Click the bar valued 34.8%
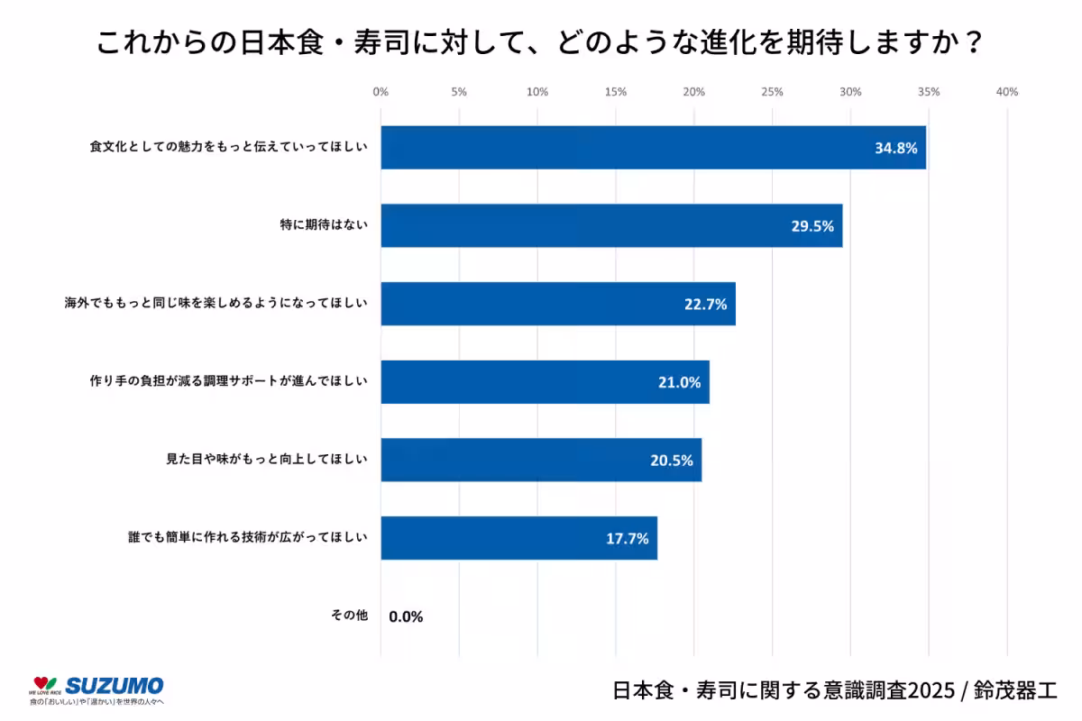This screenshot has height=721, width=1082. pyautogui.click(x=653, y=148)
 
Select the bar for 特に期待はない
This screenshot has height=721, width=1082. pyautogui.click(x=611, y=225)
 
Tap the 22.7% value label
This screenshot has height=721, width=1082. pyautogui.click(x=705, y=305)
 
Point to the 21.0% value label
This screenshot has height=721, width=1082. pyautogui.click(x=679, y=382)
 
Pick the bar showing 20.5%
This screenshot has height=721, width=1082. pyautogui.click(x=541, y=460)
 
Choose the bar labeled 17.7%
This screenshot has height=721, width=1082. pyautogui.click(x=518, y=538)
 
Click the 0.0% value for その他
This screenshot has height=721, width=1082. pyautogui.click(x=406, y=616)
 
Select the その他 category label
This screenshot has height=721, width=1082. pyautogui.click(x=350, y=616)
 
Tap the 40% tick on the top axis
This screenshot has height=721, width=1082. pyautogui.click(x=1006, y=92)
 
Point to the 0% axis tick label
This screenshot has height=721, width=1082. pyautogui.click(x=381, y=92)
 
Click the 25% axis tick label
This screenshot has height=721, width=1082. pyautogui.click(x=772, y=92)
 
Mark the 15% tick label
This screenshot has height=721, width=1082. pyautogui.click(x=615, y=92)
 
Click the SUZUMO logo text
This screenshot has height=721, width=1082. pyautogui.click(x=115, y=685)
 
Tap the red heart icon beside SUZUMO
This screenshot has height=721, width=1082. pyautogui.click(x=39, y=684)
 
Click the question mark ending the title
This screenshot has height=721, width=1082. pyautogui.click(x=972, y=43)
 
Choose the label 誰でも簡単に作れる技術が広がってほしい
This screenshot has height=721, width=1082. pyautogui.click(x=247, y=538)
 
